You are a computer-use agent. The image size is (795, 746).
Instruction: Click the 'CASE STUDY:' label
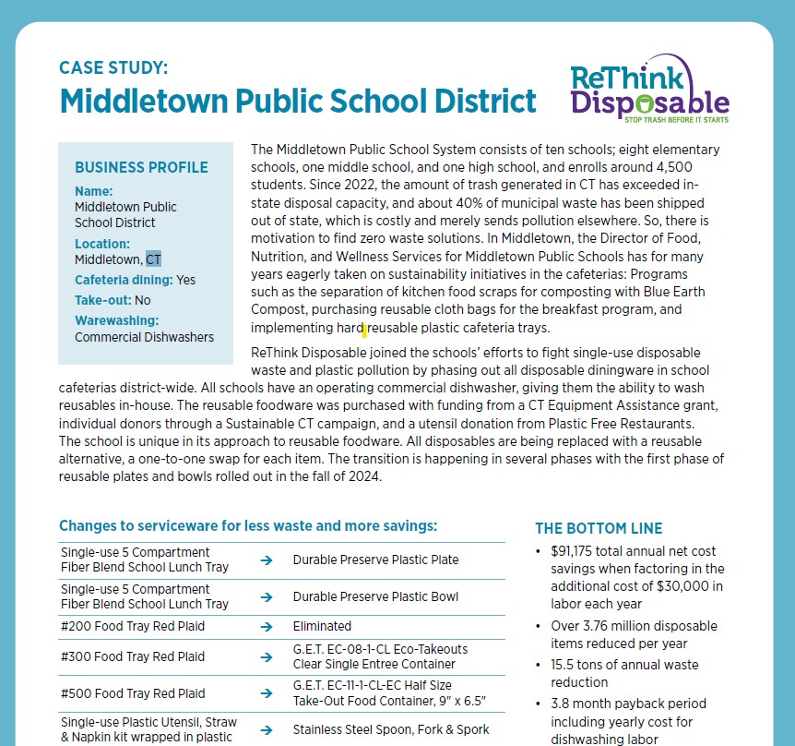[113, 68]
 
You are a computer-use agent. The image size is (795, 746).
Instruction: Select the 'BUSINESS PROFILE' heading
[141, 168]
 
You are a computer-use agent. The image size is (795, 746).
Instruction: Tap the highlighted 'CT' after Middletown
[153, 259]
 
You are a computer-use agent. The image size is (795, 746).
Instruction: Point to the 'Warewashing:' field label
[117, 320]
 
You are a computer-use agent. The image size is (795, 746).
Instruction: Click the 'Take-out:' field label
[102, 300]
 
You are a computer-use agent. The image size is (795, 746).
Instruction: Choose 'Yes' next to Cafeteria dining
[185, 280]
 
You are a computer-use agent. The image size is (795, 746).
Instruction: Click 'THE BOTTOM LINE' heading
[599, 528]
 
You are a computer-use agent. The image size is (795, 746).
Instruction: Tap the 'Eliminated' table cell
[322, 625]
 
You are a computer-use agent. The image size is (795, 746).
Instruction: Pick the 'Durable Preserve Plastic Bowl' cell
[375, 596]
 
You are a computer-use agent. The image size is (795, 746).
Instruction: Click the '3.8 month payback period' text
[625, 704]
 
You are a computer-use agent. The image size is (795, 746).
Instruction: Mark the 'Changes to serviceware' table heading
[247, 525]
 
